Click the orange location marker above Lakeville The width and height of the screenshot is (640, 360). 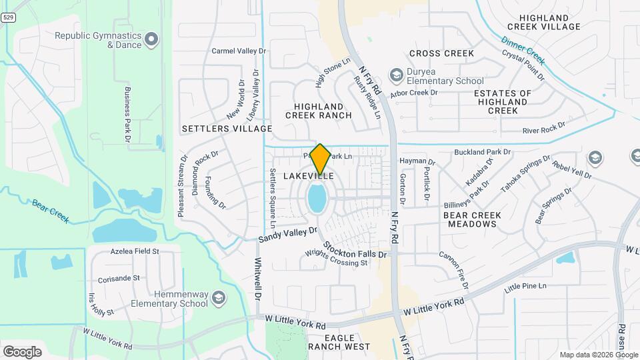coord(321,159)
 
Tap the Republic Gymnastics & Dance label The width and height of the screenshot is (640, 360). coord(98,40)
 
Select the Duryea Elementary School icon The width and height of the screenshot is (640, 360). coord(397,74)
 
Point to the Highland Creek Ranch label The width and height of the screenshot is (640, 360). coord(319,111)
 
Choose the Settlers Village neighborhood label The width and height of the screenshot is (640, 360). coord(227,128)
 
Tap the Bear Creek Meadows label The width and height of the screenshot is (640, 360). coord(470,219)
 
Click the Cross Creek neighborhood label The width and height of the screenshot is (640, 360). coord(441,53)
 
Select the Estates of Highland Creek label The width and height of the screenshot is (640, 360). coord(503,101)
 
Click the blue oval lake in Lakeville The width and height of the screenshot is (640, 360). coord(317,199)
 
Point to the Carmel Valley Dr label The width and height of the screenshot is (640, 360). coord(239,51)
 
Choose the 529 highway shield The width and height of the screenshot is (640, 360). coord(7,18)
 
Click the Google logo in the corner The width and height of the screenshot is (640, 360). coord(22,351)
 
